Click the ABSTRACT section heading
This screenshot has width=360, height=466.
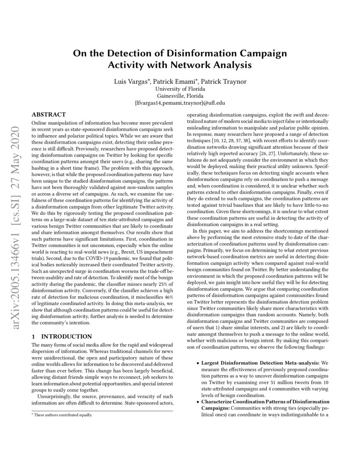(x=49, y=115)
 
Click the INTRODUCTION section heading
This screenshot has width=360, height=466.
(x=66, y=337)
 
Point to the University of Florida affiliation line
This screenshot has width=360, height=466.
(x=180, y=89)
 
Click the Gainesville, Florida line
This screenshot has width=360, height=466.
(x=180, y=96)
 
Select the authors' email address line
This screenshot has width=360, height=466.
(x=180, y=103)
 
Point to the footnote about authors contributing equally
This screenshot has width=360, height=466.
(x=64, y=415)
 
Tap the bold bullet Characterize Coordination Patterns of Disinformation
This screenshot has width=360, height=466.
(x=265, y=401)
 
